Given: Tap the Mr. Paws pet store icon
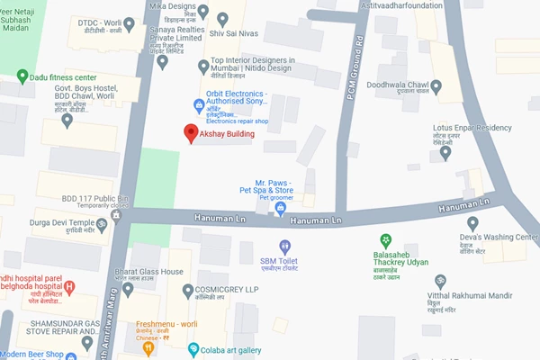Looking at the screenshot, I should coord(280,209).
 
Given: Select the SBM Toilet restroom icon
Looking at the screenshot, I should coord(285,246).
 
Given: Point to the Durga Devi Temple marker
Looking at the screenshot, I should coord(102,228).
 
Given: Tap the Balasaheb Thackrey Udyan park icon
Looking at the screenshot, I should coord(385,241).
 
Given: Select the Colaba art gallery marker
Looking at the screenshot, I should coord(193,349).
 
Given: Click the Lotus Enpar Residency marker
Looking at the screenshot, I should coord(445,154).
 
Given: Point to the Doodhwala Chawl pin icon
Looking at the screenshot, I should coord(436,87).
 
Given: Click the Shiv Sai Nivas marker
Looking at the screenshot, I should coord(202,12).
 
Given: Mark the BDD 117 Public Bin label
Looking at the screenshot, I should coord(95,198).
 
